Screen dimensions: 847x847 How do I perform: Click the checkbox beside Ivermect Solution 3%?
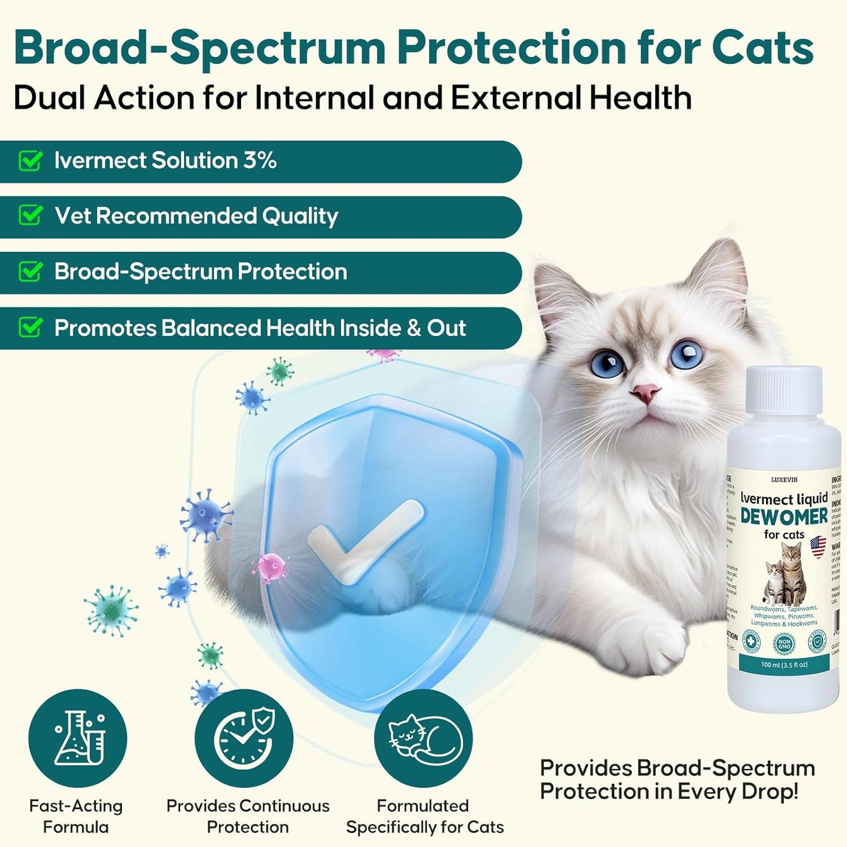[x=30, y=161]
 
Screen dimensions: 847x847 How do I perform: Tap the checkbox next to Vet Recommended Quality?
[x=30, y=216]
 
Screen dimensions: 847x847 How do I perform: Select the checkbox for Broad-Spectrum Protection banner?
[x=30, y=271]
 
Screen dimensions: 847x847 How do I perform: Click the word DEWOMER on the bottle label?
[x=784, y=517]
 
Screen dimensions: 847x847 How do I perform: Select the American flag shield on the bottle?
[x=818, y=547]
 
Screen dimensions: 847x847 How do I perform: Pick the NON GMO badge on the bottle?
[x=784, y=644]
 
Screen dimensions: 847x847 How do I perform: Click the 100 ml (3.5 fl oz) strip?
[x=784, y=665]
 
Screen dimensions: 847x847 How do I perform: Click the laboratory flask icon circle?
[x=77, y=738]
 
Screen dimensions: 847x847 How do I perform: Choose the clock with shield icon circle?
[x=244, y=738]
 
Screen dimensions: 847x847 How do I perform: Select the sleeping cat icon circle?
[x=423, y=738]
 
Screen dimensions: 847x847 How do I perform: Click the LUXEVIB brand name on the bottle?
[x=784, y=479]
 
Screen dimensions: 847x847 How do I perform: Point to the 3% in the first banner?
[x=260, y=161]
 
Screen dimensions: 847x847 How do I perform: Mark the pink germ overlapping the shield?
[x=269, y=566]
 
